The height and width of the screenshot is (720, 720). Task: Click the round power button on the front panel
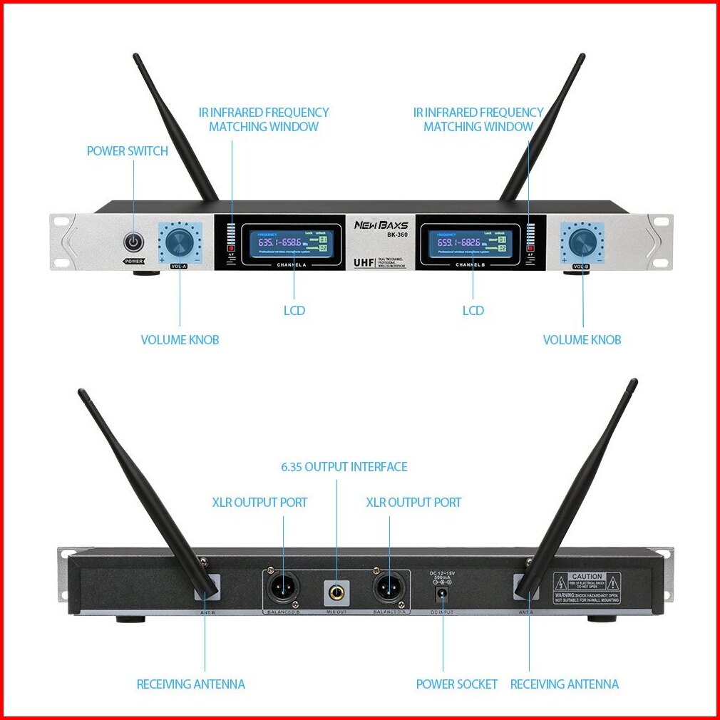click(133, 241)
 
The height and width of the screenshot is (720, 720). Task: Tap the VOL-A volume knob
click(179, 242)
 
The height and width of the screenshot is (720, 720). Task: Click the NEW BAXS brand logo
click(381, 225)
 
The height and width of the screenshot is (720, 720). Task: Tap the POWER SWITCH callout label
click(128, 151)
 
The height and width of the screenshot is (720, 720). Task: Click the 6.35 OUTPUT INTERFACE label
click(344, 467)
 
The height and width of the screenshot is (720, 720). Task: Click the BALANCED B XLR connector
click(284, 589)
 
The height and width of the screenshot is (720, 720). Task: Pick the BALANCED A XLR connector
click(389, 589)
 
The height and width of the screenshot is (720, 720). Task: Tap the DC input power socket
click(442, 592)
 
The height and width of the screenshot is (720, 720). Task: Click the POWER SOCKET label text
click(457, 684)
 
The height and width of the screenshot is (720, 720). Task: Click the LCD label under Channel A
click(294, 311)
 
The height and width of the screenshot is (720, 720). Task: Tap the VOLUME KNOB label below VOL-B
click(582, 340)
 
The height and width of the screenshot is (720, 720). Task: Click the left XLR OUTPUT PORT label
click(260, 503)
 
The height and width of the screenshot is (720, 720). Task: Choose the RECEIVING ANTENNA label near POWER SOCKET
click(565, 684)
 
